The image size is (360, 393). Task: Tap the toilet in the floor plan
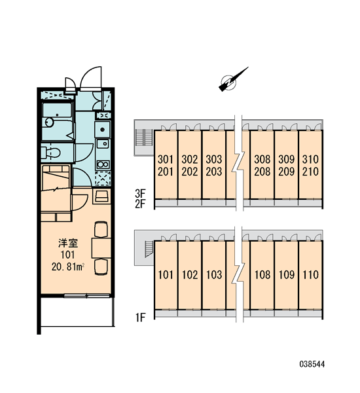click(x=51, y=152)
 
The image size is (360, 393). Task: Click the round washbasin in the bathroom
click(x=49, y=122)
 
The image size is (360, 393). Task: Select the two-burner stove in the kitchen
click(x=103, y=164)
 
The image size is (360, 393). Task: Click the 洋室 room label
click(x=68, y=243)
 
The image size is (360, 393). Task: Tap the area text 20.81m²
click(x=67, y=267)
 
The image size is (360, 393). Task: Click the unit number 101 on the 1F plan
click(x=166, y=274)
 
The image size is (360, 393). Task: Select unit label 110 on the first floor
click(x=311, y=274)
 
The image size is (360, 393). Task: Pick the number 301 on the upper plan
click(x=166, y=159)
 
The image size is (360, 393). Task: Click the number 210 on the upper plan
click(x=311, y=172)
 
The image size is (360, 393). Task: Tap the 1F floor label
click(x=140, y=318)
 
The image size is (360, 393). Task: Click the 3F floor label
click(x=140, y=193)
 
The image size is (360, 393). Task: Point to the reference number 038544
click(x=312, y=364)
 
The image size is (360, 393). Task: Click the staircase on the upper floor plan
click(x=144, y=137)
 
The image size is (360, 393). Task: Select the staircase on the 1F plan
click(x=149, y=249)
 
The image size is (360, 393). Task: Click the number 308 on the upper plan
click(x=262, y=159)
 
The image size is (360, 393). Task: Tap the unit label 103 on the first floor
click(x=214, y=274)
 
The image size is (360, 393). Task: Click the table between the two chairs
click(x=101, y=248)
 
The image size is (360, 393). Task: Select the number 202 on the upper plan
click(x=190, y=172)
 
